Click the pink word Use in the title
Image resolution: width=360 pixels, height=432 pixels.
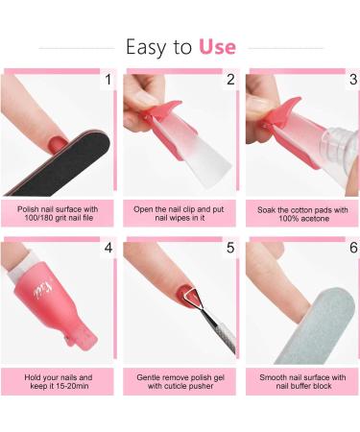217,45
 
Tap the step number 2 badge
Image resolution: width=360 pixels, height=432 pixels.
229,80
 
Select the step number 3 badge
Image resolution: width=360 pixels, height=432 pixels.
352,80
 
